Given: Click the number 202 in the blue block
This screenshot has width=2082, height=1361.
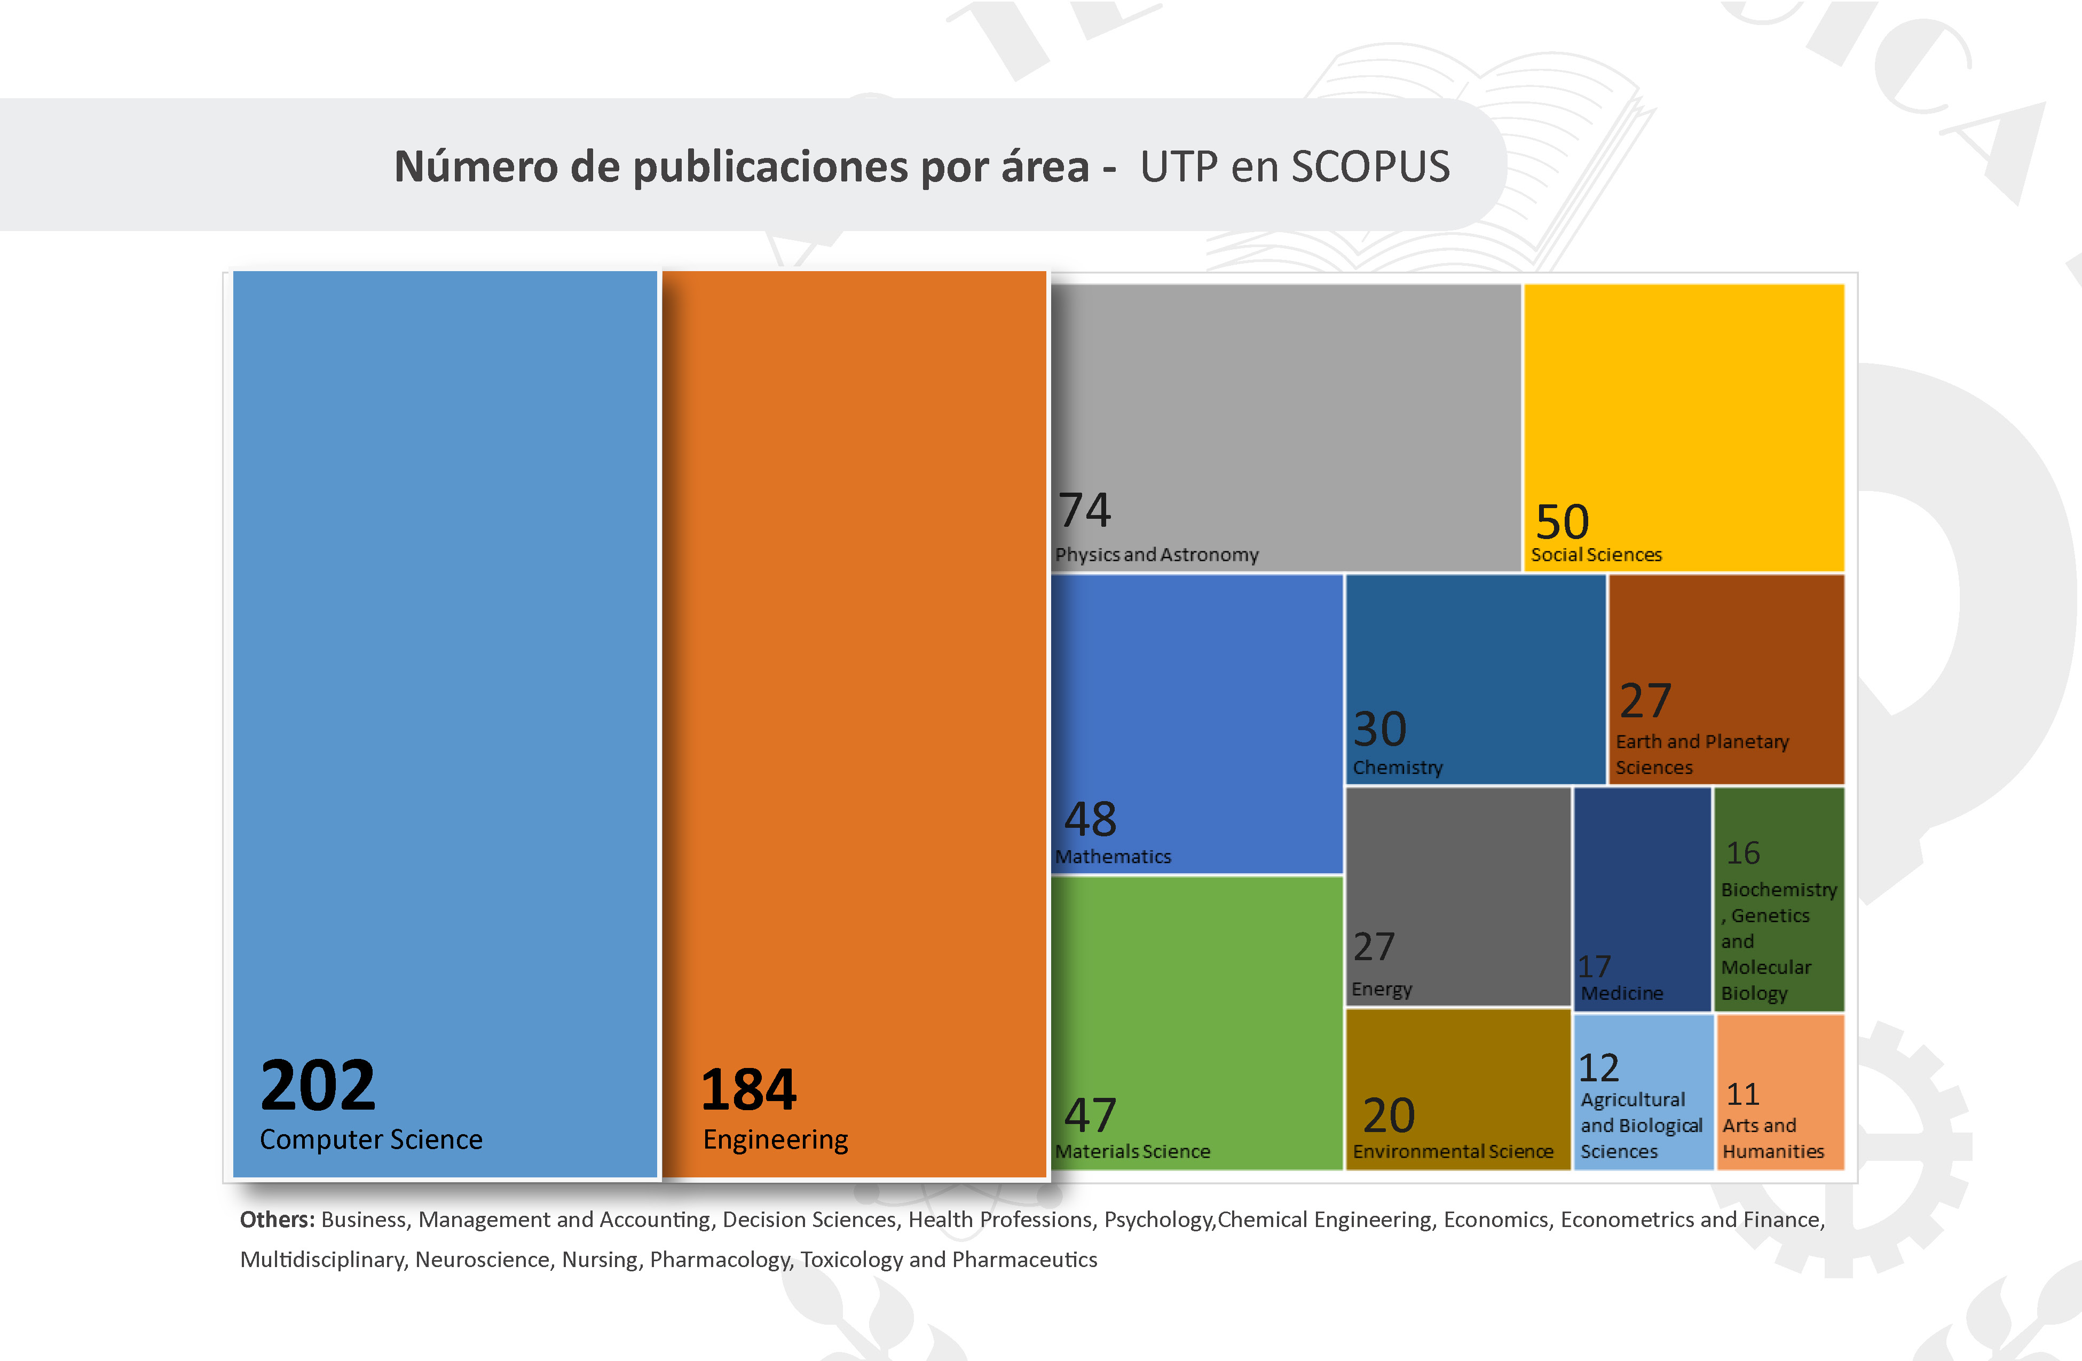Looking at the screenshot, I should pos(318,1086).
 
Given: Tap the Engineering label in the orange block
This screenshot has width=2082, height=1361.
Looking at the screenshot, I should pos(775,1140).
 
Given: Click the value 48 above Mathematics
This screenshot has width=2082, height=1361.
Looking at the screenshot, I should pos(1090,820).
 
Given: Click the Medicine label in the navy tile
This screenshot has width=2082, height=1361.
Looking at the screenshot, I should pos(1622,993).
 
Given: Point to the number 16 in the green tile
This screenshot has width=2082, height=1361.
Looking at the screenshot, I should pos(1742,853).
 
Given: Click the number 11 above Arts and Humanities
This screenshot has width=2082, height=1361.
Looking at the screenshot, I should pos(1742,1094).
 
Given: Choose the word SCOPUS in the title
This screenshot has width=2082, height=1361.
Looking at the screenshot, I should pos(1370,166).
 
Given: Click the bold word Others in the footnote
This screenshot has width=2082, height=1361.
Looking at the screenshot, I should pos(277,1220).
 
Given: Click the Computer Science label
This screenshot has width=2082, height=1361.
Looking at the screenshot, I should pos(371,1140).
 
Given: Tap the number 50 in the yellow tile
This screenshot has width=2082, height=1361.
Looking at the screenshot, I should pos(1563,522).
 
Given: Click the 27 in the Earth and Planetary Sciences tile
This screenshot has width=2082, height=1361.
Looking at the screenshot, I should pos(1645,701).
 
